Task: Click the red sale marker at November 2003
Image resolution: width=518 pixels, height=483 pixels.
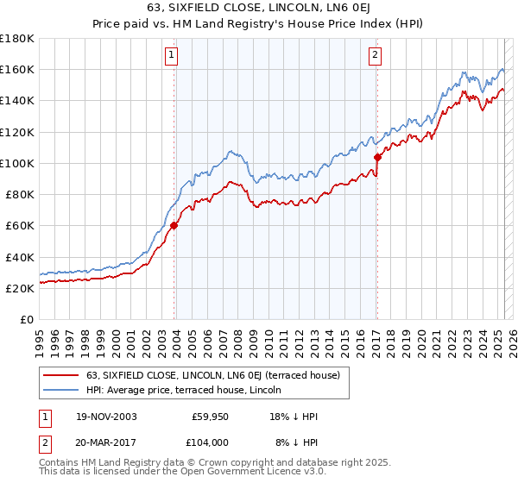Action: (174, 226)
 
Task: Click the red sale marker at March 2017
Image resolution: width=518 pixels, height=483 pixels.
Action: (377, 157)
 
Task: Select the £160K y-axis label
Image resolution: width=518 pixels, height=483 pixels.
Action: (17, 69)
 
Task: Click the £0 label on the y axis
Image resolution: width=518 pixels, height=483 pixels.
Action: (26, 320)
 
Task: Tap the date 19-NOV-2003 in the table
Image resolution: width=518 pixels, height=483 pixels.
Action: (107, 417)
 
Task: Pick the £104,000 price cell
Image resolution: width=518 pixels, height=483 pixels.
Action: (209, 441)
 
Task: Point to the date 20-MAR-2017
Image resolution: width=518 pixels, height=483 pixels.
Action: (107, 441)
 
